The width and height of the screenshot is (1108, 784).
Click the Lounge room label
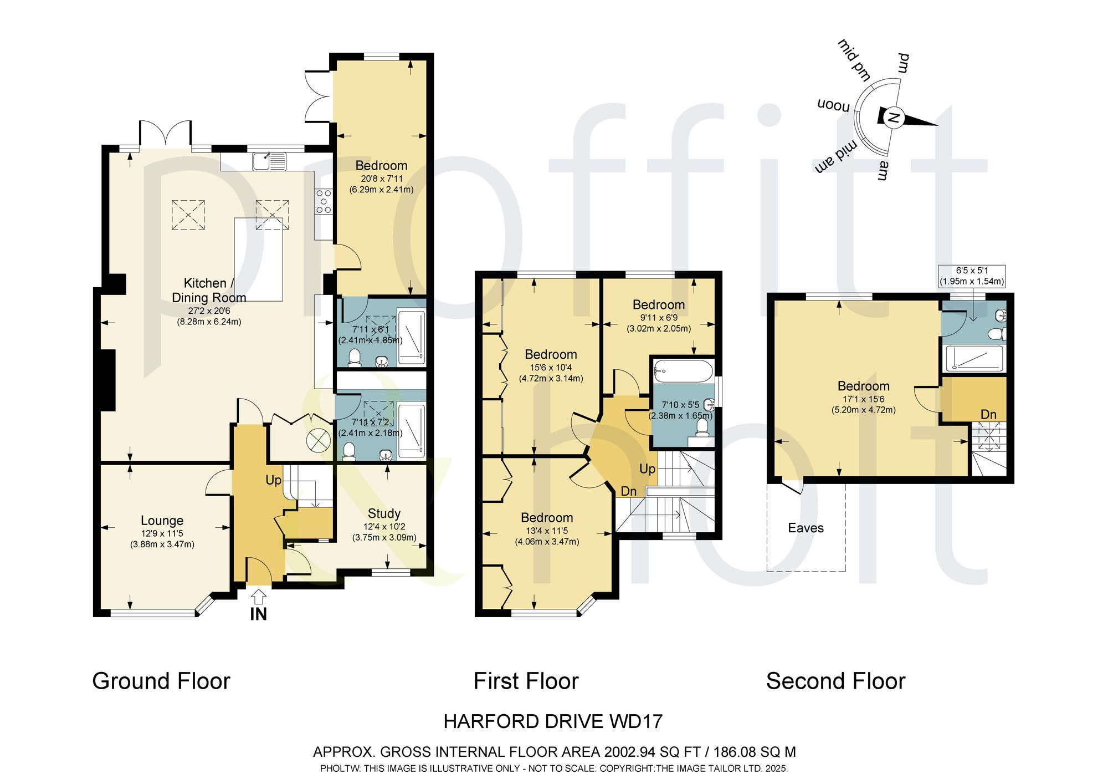(x=162, y=521)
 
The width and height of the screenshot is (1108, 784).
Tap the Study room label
(x=384, y=513)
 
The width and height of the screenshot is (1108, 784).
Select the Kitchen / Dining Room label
(x=209, y=290)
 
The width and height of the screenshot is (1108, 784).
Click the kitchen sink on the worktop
(x=269, y=161)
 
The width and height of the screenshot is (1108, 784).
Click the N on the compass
(x=892, y=118)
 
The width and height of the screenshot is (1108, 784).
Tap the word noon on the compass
(x=834, y=105)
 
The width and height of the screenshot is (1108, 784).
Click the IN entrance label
(x=259, y=614)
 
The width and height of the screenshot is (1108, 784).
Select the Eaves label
(x=806, y=528)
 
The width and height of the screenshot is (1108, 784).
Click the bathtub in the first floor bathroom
(x=684, y=371)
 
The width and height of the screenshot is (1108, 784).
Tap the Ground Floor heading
(x=161, y=681)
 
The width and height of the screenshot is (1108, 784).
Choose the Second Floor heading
(x=835, y=681)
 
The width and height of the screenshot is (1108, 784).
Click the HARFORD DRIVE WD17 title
(x=553, y=721)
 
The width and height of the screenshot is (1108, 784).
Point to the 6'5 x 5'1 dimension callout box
(x=972, y=276)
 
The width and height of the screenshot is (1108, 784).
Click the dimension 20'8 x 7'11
(x=382, y=179)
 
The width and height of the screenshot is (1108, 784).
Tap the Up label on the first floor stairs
(x=648, y=469)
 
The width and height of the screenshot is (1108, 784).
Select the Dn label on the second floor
(x=988, y=414)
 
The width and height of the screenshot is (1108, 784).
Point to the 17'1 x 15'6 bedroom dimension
(x=863, y=399)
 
